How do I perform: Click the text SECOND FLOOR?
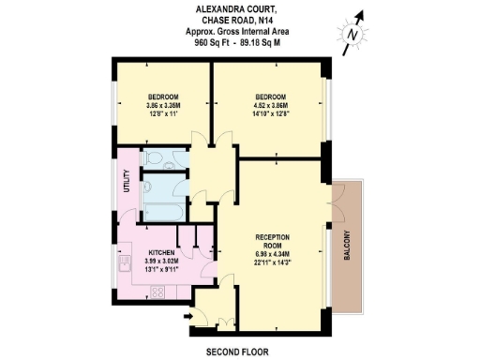click(x=237, y=352)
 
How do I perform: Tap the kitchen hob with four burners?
click(x=157, y=291)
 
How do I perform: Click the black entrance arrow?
click(x=191, y=316)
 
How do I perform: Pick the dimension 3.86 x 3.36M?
click(x=163, y=105)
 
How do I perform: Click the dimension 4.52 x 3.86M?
click(x=270, y=105)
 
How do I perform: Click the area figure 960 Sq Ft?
click(x=212, y=42)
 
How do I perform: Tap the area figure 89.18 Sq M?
click(x=262, y=42)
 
